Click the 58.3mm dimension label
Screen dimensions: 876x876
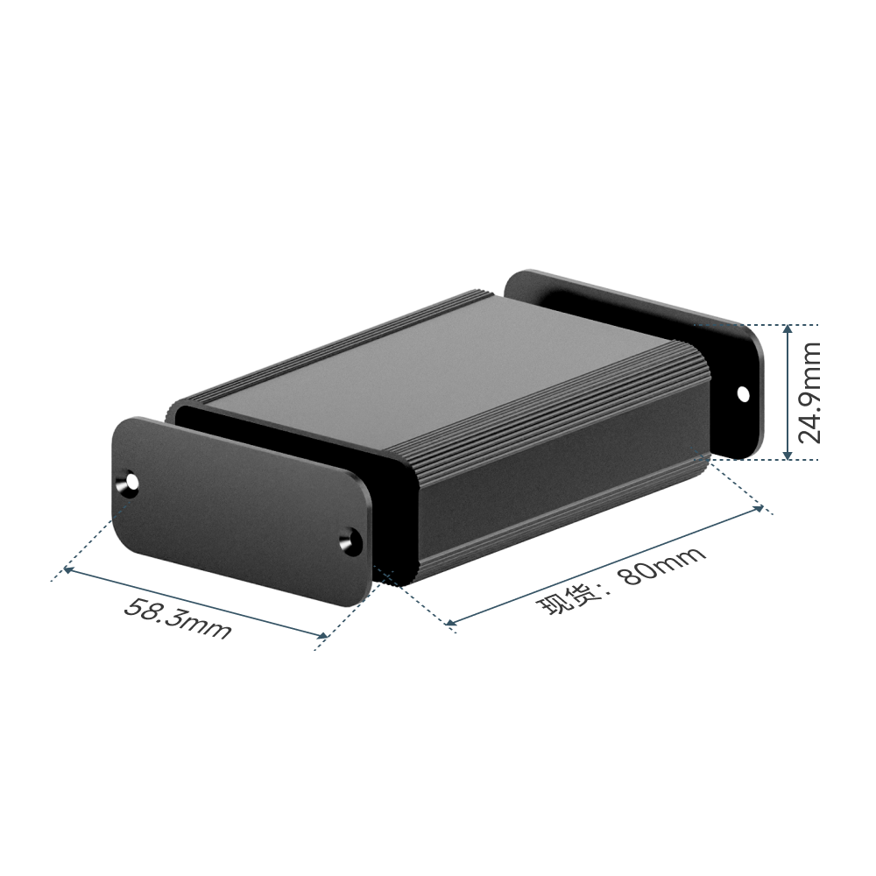[177, 618]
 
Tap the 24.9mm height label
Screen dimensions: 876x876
[809, 392]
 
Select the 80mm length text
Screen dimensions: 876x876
[663, 566]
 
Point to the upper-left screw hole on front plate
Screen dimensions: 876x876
[131, 482]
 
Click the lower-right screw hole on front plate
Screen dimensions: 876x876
[349, 540]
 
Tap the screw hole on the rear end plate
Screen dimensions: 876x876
[743, 394]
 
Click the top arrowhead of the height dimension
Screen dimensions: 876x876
[788, 329]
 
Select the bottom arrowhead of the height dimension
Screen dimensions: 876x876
[788, 455]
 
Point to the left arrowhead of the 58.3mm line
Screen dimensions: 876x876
[68, 569]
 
